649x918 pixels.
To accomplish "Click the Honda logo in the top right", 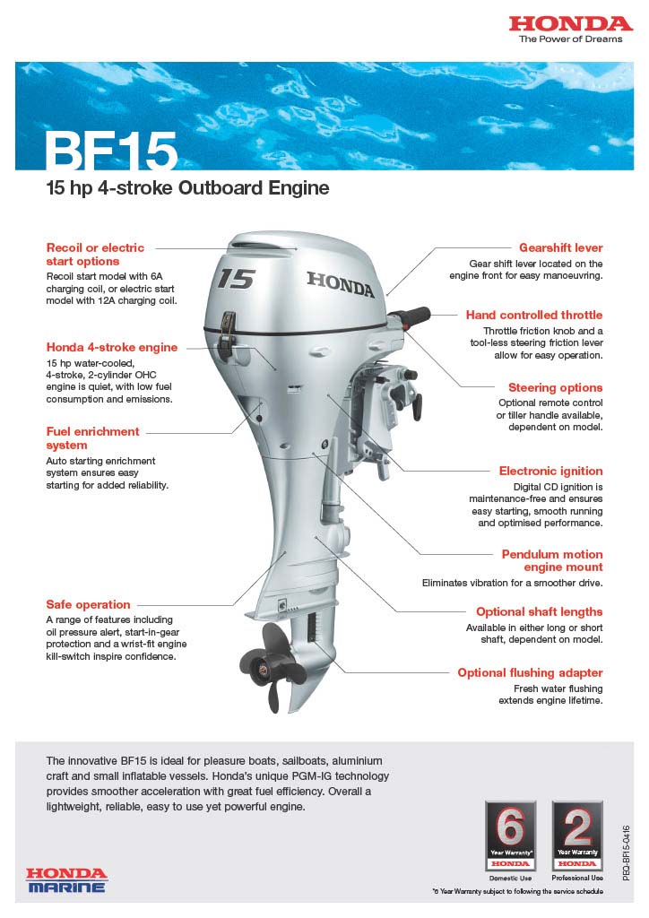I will (x=571, y=24).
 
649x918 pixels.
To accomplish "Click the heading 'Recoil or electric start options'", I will (x=95, y=254).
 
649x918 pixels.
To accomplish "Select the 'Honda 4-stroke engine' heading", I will (x=112, y=347).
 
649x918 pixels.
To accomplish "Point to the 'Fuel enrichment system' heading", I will (x=93, y=437).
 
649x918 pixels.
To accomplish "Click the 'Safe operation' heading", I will (x=88, y=604).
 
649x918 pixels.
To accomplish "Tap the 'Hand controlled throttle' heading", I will (x=533, y=315).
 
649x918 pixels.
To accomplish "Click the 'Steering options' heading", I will (x=555, y=387).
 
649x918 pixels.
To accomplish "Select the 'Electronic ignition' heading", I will (x=550, y=471).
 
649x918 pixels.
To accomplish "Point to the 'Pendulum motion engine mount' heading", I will (x=552, y=560).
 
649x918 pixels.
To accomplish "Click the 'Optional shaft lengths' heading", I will (x=539, y=611).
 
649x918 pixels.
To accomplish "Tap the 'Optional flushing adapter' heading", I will (x=530, y=672).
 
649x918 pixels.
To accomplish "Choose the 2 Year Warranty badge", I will (x=576, y=835).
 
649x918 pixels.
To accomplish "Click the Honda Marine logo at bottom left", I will (x=66, y=879).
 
